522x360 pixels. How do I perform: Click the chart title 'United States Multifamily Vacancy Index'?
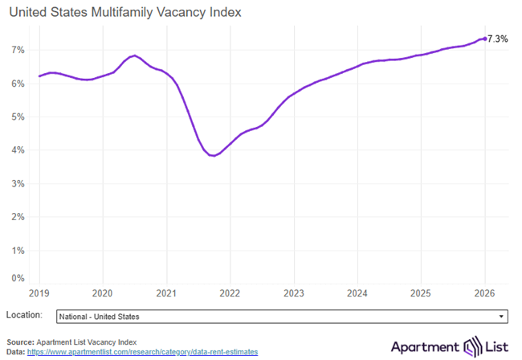tap(124, 14)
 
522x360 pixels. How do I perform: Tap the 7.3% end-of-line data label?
tap(498, 39)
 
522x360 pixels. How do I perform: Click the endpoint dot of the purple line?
tap(484, 39)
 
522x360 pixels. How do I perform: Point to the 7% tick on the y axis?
tap(18, 50)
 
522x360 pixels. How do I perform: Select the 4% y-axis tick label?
tap(18, 150)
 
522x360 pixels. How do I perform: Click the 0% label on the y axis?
tap(18, 279)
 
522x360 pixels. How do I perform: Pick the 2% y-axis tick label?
tap(18, 217)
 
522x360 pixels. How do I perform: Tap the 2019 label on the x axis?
tap(39, 293)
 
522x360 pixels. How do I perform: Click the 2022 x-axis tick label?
tap(230, 293)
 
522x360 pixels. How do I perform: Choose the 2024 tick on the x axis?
tap(357, 293)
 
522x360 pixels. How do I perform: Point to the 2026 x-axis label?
tap(483, 293)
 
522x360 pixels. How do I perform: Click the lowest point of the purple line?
tap(212, 156)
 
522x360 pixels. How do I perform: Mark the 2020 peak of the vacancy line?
tap(135, 55)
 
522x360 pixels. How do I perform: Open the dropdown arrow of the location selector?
tap(502, 317)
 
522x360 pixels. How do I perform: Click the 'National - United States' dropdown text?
tap(100, 317)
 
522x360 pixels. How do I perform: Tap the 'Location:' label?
tap(24, 316)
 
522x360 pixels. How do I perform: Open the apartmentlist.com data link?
tap(143, 352)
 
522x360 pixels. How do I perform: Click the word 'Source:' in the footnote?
tap(21, 342)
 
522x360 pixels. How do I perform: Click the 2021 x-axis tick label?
tap(166, 293)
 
